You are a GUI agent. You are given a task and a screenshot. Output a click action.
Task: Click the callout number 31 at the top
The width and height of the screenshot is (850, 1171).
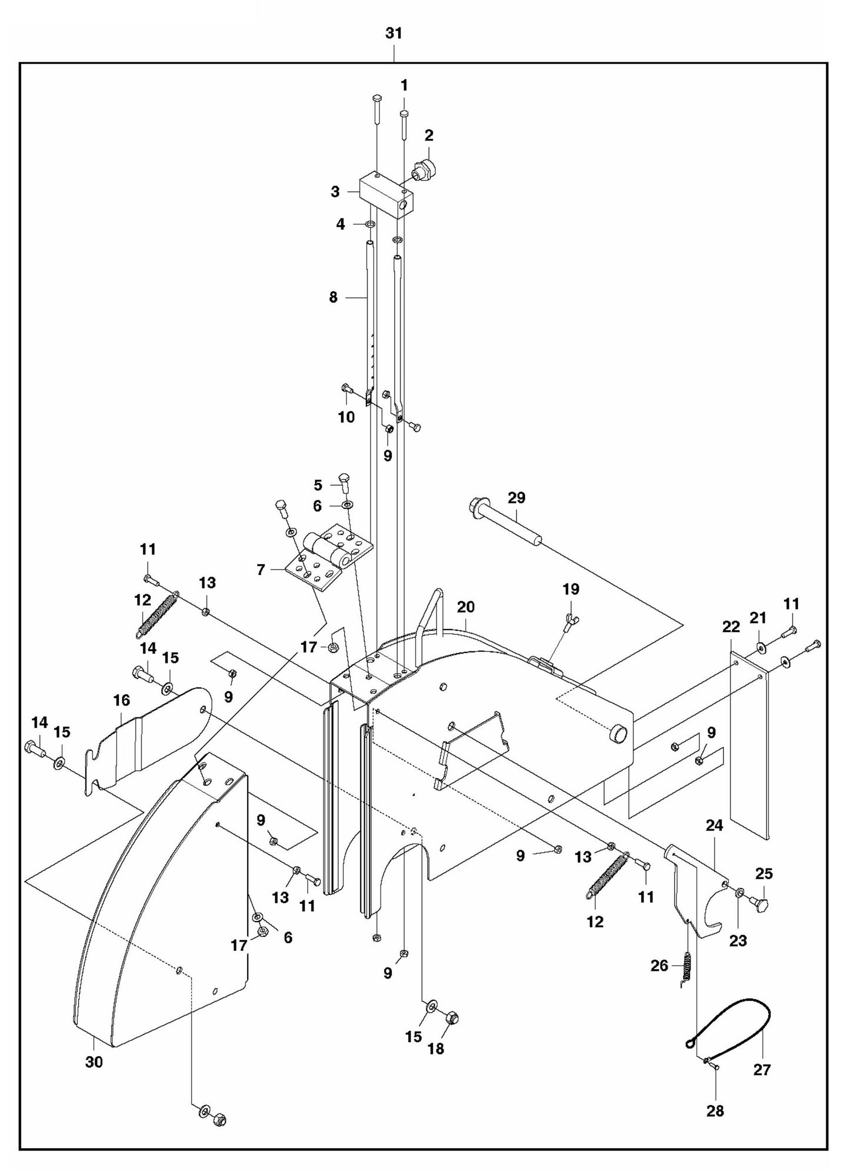[x=394, y=34]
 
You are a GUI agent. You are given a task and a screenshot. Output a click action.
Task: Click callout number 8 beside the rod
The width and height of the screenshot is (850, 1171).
[x=334, y=298]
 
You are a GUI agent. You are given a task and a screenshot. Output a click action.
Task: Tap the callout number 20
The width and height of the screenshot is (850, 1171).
[x=465, y=607]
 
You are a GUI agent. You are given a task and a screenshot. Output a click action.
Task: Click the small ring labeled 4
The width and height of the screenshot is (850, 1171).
[x=371, y=224]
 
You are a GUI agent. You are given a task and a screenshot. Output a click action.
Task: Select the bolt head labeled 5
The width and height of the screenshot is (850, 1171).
[x=344, y=480]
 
